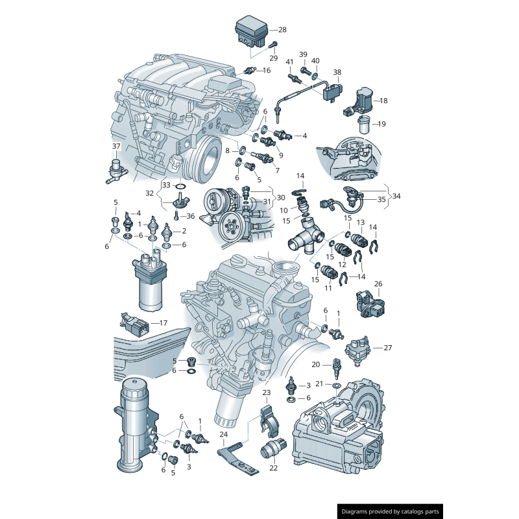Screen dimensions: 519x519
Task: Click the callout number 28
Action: [282, 30]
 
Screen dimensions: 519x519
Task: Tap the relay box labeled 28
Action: [251, 32]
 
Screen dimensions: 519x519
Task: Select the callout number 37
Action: [116, 146]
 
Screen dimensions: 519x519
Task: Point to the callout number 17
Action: [163, 322]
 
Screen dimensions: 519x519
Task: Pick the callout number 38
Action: [337, 72]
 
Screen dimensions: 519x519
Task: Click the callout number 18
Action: [383, 101]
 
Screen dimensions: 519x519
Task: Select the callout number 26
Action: [378, 284]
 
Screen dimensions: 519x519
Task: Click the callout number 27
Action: [387, 348]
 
